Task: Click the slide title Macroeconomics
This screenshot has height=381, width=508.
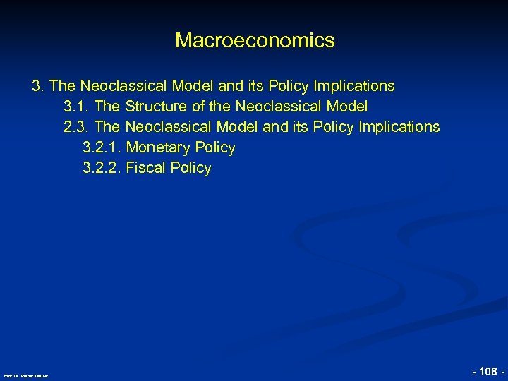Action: point(255,40)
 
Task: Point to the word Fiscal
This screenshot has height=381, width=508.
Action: point(144,168)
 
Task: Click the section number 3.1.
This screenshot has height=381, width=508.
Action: point(75,107)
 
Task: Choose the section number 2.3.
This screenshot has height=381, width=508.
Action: point(75,127)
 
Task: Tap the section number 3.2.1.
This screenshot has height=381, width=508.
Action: point(102,147)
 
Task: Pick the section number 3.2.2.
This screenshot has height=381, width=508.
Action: point(102,168)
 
